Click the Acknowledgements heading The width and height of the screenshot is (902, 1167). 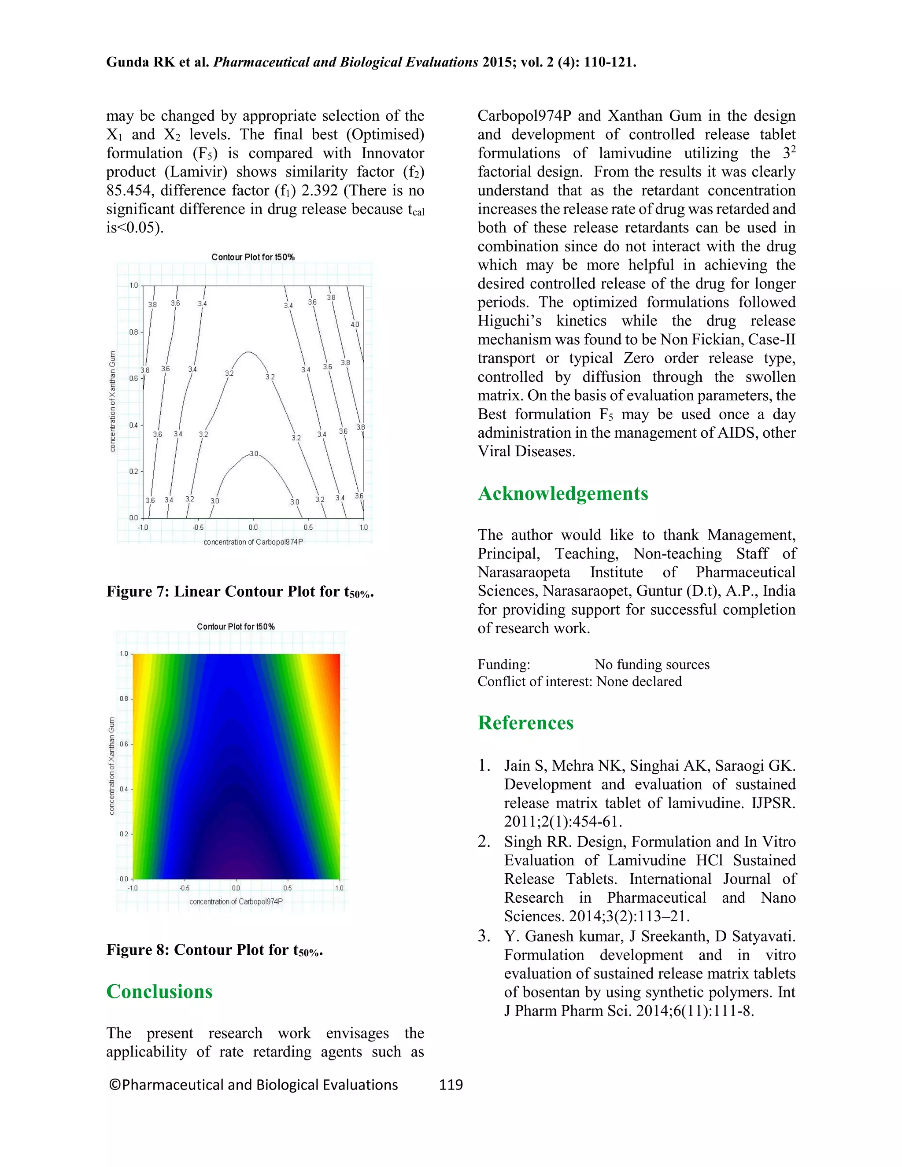[563, 494]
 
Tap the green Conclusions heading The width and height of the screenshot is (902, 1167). [159, 991]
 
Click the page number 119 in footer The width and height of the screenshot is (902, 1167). [451, 1084]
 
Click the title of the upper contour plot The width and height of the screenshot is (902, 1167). [253, 257]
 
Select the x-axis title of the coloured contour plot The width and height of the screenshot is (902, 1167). [236, 901]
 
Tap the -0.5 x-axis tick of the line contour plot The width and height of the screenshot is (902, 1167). [198, 528]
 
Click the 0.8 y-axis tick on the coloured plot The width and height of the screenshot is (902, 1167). [123, 698]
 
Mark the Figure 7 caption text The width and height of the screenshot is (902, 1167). [240, 592]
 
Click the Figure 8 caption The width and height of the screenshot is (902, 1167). [214, 950]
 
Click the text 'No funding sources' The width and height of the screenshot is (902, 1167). [652, 664]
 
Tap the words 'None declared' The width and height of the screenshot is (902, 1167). [639, 681]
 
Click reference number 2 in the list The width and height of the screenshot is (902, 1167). [484, 842]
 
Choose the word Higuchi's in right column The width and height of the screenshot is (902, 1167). [509, 321]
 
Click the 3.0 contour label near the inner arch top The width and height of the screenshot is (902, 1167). [254, 454]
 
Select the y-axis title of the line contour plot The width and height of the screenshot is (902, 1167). [112, 401]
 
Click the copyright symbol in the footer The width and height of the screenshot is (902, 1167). [115, 1085]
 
